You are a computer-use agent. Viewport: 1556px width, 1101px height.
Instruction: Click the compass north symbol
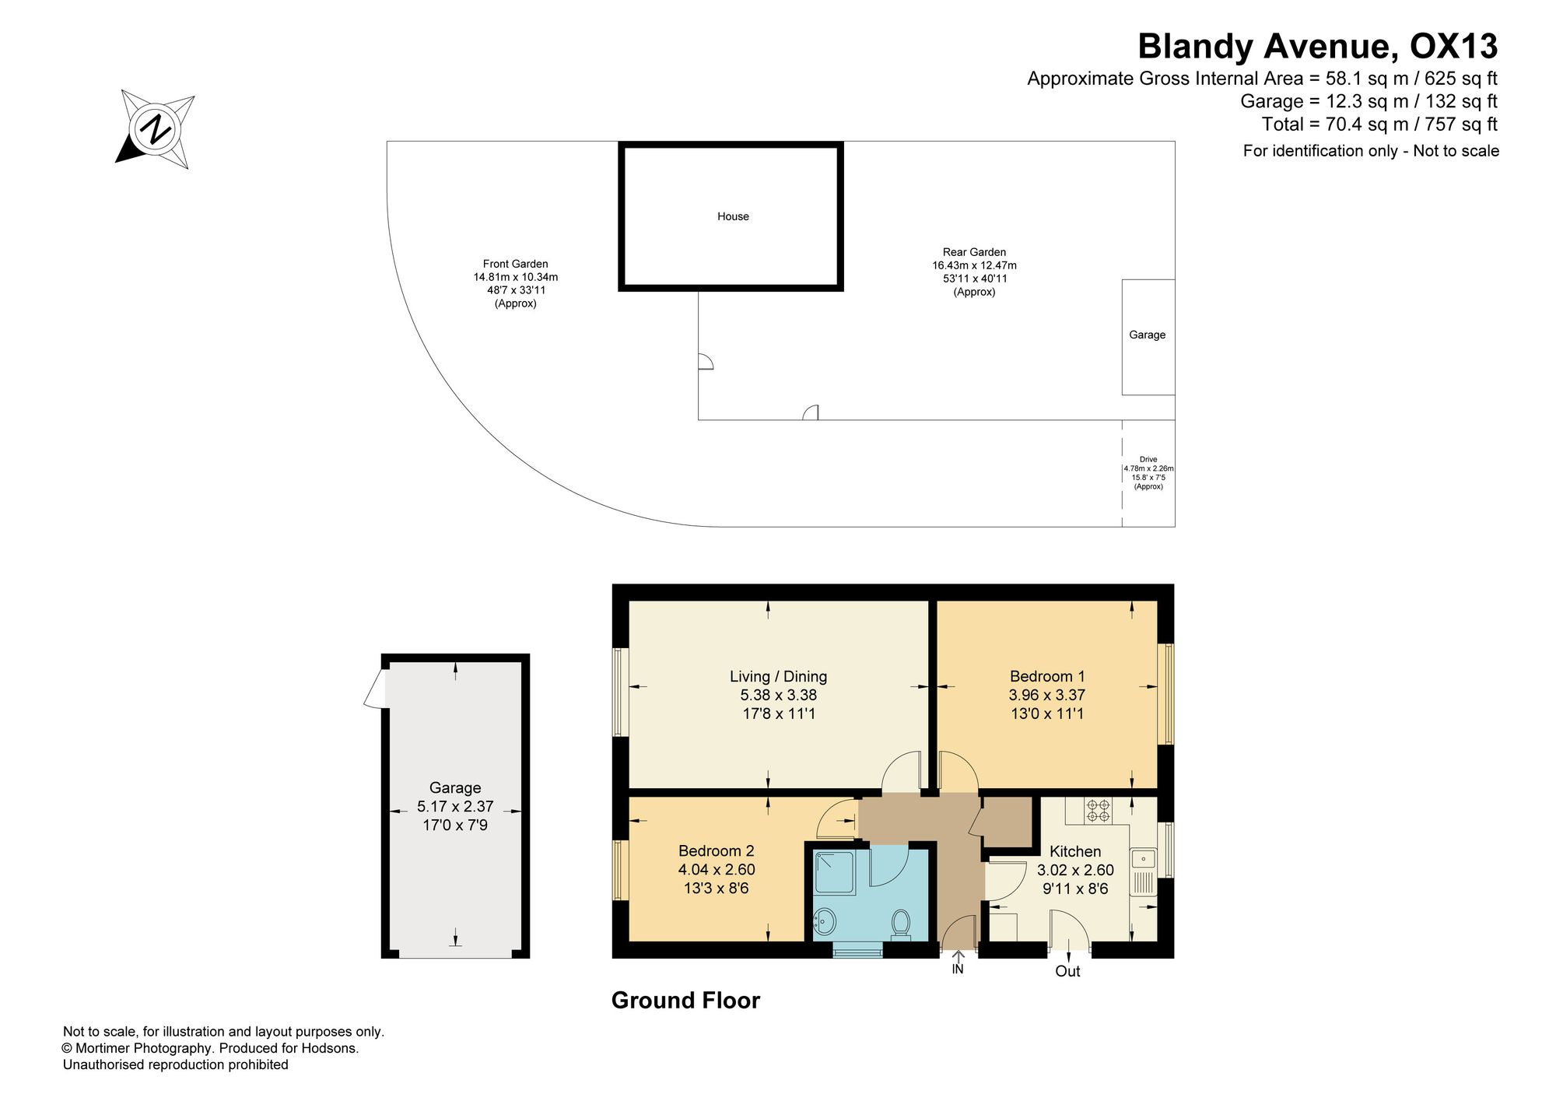[156, 129]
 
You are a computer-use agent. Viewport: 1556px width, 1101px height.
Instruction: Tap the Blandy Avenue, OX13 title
[1317, 46]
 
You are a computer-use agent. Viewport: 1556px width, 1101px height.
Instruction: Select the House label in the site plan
[733, 216]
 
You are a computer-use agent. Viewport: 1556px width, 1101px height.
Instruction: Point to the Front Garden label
[516, 264]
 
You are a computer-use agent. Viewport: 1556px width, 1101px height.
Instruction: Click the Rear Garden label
[974, 252]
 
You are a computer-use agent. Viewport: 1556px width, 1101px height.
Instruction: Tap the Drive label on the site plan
[1148, 459]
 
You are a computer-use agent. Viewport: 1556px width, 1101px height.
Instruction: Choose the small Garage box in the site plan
[1148, 337]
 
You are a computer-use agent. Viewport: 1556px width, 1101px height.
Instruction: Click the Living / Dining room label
[778, 676]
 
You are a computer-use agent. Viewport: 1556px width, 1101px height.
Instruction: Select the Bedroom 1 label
[1047, 676]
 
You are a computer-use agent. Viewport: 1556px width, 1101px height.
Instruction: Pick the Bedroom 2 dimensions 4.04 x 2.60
[717, 869]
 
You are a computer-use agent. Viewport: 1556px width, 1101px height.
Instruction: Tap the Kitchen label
[1075, 851]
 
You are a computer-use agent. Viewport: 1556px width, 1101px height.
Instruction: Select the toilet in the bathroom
[901, 924]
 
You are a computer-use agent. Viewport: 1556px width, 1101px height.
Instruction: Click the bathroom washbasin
[825, 923]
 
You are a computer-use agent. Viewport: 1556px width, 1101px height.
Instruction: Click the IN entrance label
[958, 970]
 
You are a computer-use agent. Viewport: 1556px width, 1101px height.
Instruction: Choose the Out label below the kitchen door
[1067, 971]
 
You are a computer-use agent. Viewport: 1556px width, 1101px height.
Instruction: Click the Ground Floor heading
[685, 1000]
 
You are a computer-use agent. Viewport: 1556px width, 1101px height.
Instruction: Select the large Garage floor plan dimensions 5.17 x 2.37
[455, 807]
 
